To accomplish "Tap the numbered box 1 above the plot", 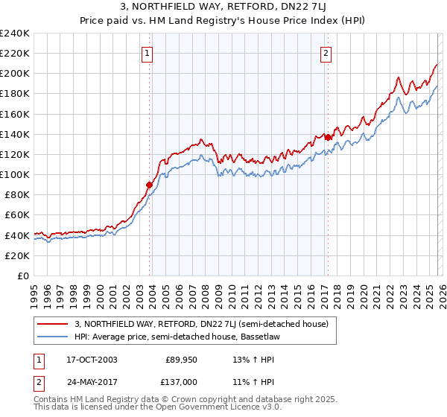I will coord(147,53).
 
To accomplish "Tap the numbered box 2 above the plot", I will coord(326,53).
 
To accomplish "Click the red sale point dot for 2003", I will coord(150,185).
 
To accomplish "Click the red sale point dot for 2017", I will coord(328,137).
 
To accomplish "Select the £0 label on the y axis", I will coord(22,276).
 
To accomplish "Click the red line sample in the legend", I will coord(54,323).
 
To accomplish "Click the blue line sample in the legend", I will coord(54,336).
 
